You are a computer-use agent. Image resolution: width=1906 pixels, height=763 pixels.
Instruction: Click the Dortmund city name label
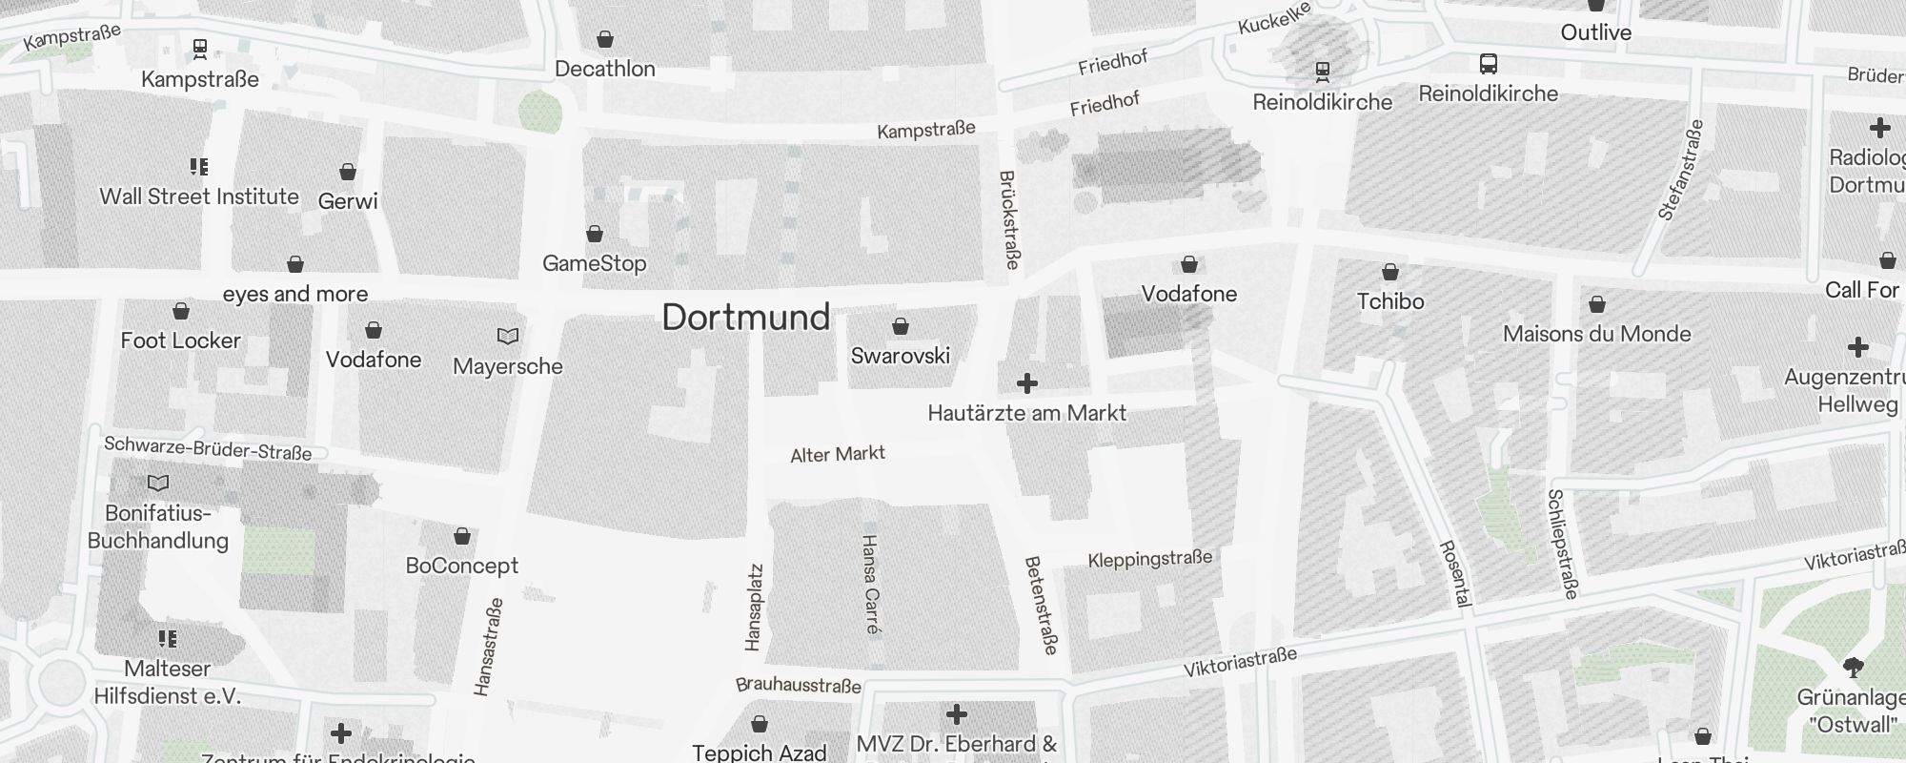pyautogui.click(x=746, y=318)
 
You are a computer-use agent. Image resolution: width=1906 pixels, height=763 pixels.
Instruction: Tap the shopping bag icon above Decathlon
pyautogui.click(x=605, y=39)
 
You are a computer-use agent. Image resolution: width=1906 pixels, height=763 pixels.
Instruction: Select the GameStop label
pyautogui.click(x=595, y=263)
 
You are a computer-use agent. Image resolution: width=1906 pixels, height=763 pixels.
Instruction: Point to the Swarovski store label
pyautogui.click(x=901, y=356)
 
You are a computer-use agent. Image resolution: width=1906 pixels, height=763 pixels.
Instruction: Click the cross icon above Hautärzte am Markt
pyautogui.click(x=1026, y=383)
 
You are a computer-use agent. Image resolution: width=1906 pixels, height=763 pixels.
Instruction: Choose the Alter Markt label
pyautogui.click(x=838, y=454)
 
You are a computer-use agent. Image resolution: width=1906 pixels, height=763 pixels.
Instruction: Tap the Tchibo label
pyautogui.click(x=1390, y=301)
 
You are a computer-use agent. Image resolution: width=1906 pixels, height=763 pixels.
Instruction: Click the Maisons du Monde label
pyautogui.click(x=1597, y=334)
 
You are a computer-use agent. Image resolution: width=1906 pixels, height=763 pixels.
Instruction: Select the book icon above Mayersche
pyautogui.click(x=508, y=336)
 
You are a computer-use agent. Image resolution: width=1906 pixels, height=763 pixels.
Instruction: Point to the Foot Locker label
pyautogui.click(x=181, y=340)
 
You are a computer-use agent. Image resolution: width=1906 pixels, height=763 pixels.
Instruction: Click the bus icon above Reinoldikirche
pyautogui.click(x=1489, y=64)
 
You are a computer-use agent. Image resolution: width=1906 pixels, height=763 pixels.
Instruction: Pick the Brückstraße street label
pyautogui.click(x=1009, y=219)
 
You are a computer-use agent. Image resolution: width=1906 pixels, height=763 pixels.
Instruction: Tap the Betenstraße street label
pyautogui.click(x=1042, y=606)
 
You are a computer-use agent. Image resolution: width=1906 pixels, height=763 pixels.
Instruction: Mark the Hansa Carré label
pyautogui.click(x=871, y=584)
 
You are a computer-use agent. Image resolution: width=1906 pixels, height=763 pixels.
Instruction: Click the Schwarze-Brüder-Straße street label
pyautogui.click(x=208, y=447)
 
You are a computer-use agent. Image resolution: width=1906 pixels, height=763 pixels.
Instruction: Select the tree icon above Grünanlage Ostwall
pyautogui.click(x=1854, y=667)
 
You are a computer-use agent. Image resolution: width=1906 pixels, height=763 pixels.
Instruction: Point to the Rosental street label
pyautogui.click(x=1455, y=573)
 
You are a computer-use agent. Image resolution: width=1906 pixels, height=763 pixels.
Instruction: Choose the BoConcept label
pyautogui.click(x=462, y=566)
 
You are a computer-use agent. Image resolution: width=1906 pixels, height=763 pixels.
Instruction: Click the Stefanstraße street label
pyautogui.click(x=1680, y=170)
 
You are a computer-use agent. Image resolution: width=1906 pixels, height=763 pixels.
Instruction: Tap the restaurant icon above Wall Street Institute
pyautogui.click(x=199, y=167)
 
